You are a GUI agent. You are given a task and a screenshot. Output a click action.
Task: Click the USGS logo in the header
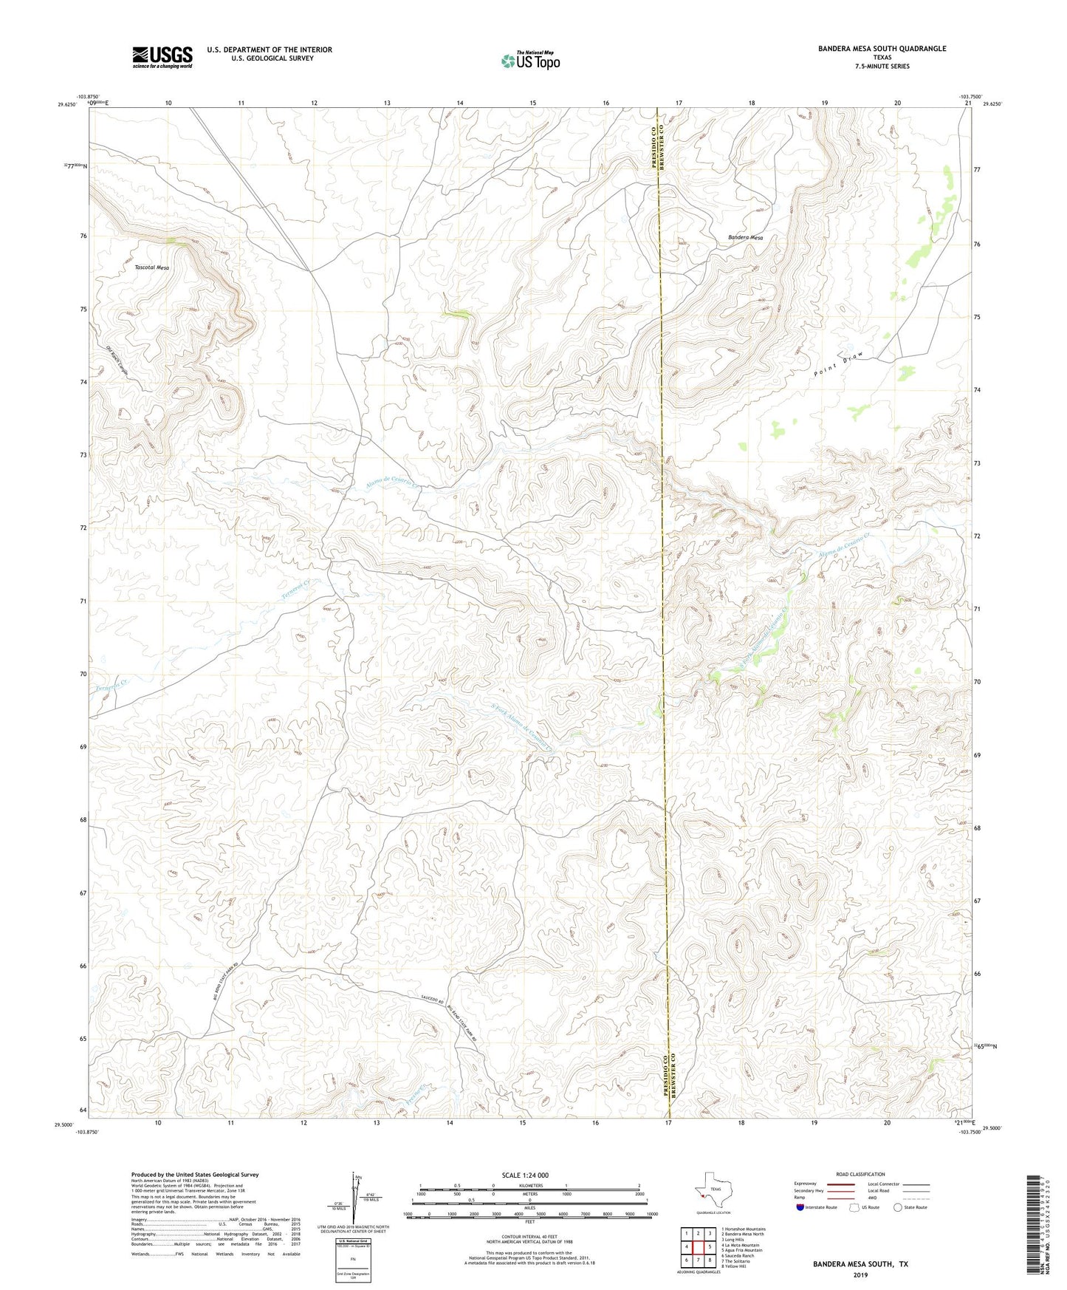point(162,57)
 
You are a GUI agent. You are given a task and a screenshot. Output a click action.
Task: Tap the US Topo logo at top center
point(530,61)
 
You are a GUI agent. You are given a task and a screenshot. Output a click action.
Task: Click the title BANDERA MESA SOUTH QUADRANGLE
point(882,49)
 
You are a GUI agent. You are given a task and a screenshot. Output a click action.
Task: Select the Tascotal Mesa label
point(152,267)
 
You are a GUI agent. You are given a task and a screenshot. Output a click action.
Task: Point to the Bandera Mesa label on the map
point(745,238)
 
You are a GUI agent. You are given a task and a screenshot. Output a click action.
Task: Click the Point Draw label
point(838,365)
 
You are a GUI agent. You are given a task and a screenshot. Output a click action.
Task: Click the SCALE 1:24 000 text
point(525,1175)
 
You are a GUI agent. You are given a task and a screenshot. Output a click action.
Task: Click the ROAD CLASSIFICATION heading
point(860,1174)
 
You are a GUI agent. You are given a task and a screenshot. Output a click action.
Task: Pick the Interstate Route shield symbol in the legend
point(800,1207)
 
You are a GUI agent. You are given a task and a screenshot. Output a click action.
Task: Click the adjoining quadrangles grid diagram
point(698,1247)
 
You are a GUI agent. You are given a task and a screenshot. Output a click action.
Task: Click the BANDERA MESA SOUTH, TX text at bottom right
point(860,1264)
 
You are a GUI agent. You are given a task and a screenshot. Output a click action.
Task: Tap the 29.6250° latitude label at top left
point(66,105)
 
